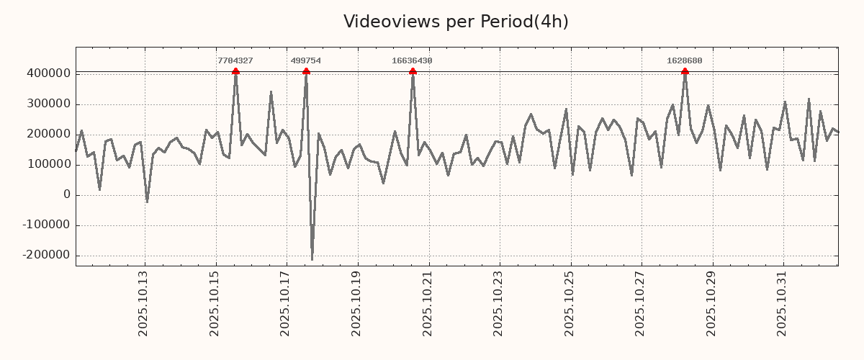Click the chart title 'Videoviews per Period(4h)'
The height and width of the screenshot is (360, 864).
pyautogui.click(x=456, y=22)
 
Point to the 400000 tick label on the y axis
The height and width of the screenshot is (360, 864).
pyautogui.click(x=48, y=73)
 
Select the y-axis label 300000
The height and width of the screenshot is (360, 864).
pyautogui.click(x=48, y=104)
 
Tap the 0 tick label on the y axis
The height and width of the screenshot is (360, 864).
pyautogui.click(x=67, y=194)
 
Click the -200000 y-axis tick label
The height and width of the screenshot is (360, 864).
pyautogui.click(x=45, y=255)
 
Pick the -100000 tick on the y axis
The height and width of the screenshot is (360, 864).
pyautogui.click(x=45, y=225)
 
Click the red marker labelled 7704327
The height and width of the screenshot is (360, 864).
pyautogui.click(x=235, y=71)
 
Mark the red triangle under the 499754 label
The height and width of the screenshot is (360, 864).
pyautogui.click(x=306, y=71)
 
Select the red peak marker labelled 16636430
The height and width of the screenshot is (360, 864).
pyautogui.click(x=413, y=71)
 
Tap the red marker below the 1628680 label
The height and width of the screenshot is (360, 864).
pyautogui.click(x=685, y=71)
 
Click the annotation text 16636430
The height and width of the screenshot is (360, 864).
pyautogui.click(x=412, y=61)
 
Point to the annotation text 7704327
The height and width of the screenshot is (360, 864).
pyautogui.click(x=235, y=61)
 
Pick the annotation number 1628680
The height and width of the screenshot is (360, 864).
pyautogui.click(x=685, y=61)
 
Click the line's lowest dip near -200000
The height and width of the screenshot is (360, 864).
pyautogui.click(x=312, y=259)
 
